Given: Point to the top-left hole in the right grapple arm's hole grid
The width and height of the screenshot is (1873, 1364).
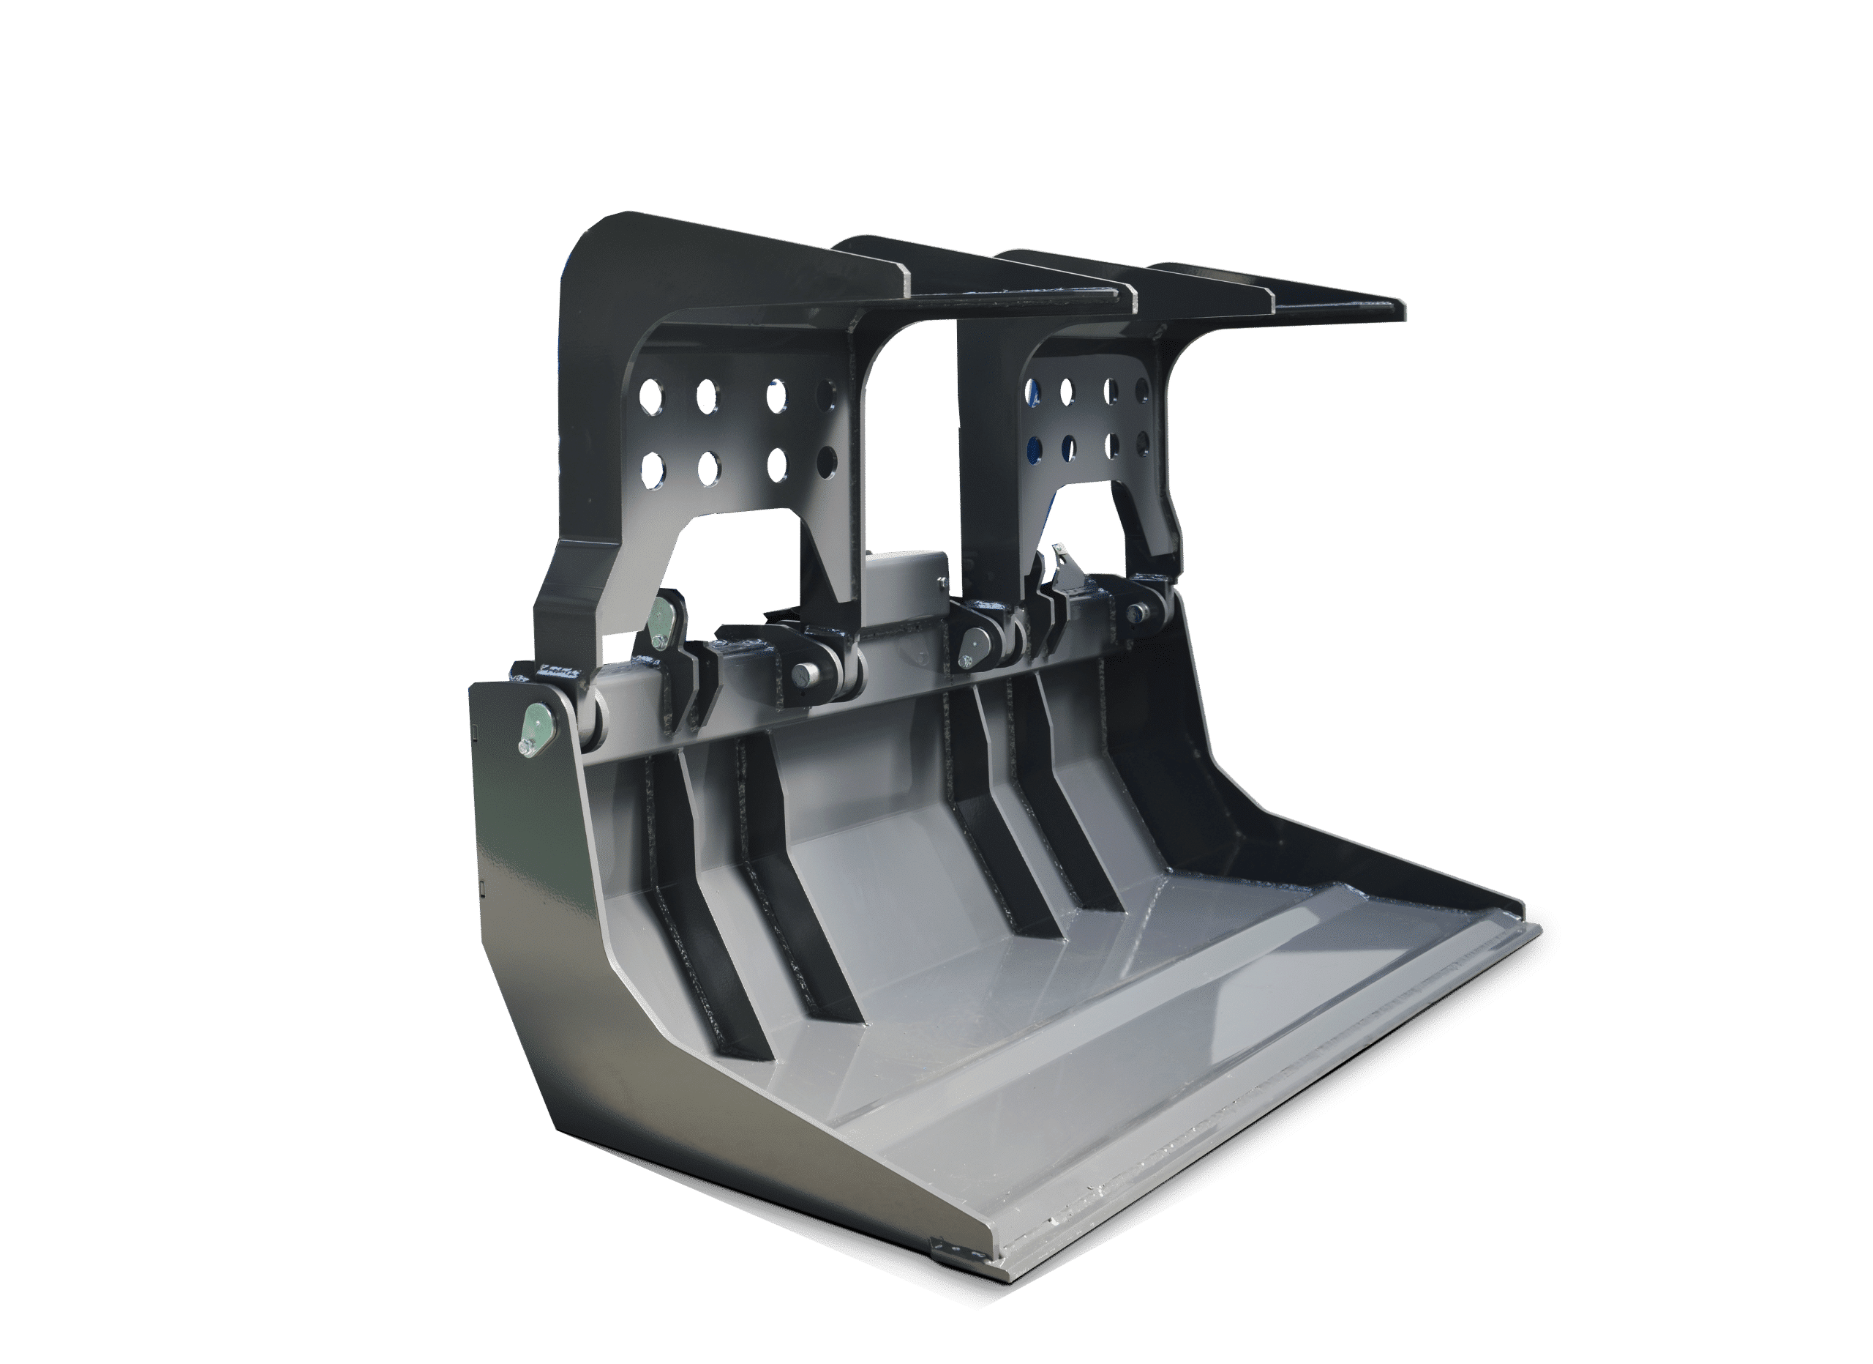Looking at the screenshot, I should coord(1032,388).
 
